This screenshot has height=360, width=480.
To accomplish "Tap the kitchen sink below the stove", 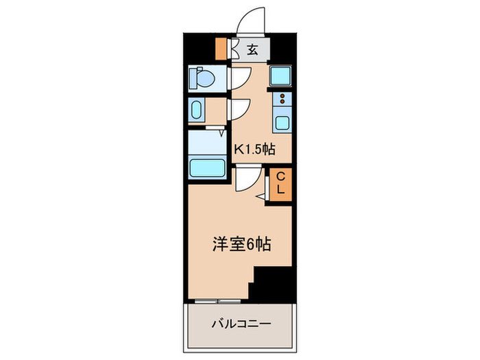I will click(x=282, y=123).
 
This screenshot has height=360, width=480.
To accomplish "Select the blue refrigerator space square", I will click(x=281, y=77).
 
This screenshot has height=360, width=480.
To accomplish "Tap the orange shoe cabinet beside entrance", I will click(x=221, y=49).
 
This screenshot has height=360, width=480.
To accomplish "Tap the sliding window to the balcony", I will click(x=216, y=300).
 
